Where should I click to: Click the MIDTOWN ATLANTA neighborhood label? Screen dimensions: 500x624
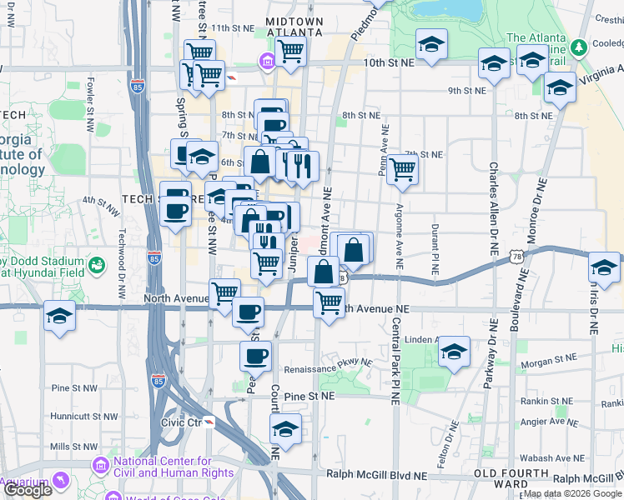(293, 26)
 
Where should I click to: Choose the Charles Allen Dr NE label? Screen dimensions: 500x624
(494, 205)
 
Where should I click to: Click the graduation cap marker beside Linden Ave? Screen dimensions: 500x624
(454, 351)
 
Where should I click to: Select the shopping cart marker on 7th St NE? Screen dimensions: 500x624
(402, 169)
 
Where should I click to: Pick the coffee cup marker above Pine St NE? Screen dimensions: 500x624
(255, 356)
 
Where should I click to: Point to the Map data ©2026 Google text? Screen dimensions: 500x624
(572, 493)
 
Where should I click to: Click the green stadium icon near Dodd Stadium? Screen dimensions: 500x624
(98, 266)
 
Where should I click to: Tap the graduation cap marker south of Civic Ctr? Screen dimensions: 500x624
(285, 430)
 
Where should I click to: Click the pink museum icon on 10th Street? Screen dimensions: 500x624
(267, 61)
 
